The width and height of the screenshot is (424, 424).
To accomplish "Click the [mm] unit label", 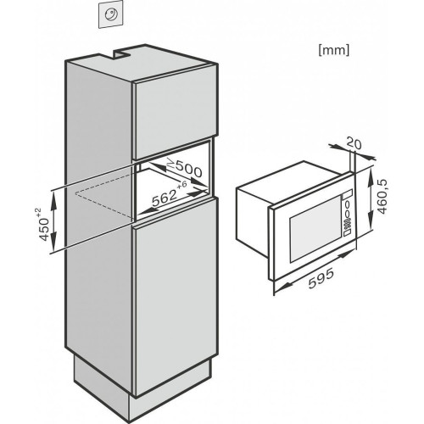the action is pyautogui.click(x=334, y=51).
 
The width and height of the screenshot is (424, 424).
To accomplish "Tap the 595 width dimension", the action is pyautogui.click(x=321, y=278).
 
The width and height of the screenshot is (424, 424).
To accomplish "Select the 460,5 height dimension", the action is pyautogui.click(x=382, y=197).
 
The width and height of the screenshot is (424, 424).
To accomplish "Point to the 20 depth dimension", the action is pyautogui.click(x=354, y=143).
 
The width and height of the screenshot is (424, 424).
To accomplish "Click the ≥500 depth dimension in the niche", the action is pyautogui.click(x=184, y=168).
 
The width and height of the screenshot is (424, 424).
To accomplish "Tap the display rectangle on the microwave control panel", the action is pyautogui.click(x=348, y=194).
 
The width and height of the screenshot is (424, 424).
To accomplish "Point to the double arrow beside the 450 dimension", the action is pyautogui.click(x=54, y=219).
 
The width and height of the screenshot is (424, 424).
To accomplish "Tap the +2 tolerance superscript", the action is pyautogui.click(x=38, y=212).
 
